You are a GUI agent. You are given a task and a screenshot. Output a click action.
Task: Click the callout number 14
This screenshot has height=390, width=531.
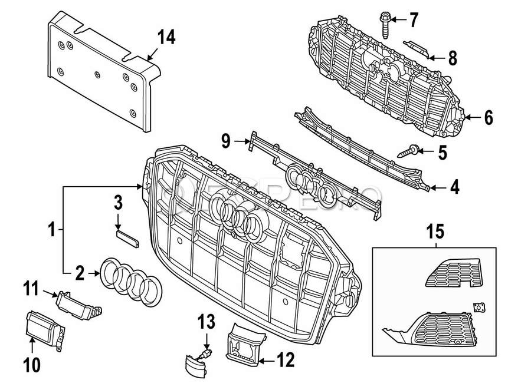[166, 38]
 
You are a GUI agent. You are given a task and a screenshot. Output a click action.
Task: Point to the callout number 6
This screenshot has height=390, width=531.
[488, 118]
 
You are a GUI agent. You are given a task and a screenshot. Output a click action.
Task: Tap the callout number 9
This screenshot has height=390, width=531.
[225, 141]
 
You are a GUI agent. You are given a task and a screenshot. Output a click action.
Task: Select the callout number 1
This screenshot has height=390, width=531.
[53, 228]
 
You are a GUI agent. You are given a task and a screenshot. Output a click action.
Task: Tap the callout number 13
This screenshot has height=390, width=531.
[206, 322]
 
